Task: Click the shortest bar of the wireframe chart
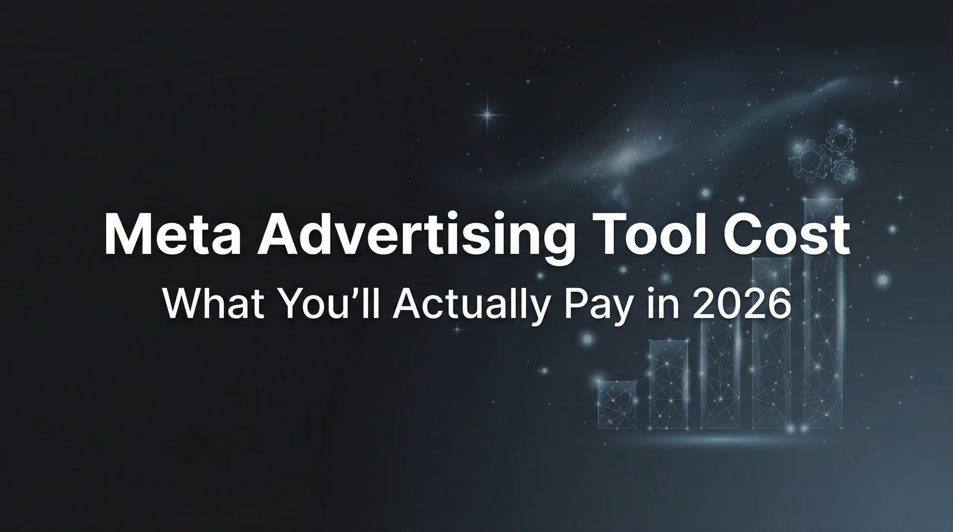[617, 404]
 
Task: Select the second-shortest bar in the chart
[668, 385]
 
